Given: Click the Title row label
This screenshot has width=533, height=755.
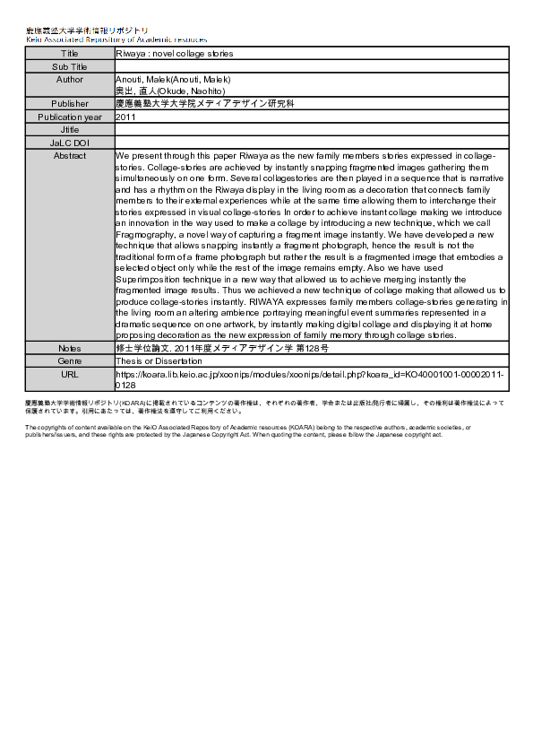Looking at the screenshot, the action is coord(69,53).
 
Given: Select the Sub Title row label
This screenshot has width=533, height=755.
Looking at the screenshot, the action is coord(69,66).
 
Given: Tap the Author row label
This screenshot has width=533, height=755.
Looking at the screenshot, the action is coord(69,79).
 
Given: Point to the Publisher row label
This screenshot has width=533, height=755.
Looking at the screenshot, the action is coord(69,104).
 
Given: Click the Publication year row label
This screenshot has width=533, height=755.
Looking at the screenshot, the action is coord(69,117).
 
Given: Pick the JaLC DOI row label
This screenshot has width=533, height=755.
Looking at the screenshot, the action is coord(69,142).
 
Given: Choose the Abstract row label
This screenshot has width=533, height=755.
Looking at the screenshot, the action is coord(69,155).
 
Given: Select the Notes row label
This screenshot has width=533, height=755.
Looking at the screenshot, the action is coord(69,347).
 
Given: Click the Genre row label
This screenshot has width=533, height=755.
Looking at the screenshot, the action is coord(69,360).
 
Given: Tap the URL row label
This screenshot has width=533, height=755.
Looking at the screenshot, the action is coord(69,372).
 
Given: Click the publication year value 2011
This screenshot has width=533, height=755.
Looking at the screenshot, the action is coord(126,117).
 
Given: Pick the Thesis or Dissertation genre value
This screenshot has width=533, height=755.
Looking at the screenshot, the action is coord(159,360).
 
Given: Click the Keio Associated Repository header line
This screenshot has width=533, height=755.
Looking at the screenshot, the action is coord(116,39).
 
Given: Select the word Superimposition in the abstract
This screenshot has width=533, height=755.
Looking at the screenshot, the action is coord(149,279).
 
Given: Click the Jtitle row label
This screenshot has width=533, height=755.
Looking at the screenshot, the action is coord(69,129).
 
